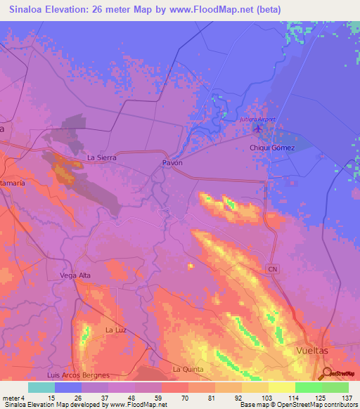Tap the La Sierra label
point(101,158)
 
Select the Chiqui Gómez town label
point(272,148)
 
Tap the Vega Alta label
point(77,275)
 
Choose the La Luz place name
point(115,329)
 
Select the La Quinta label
point(186,368)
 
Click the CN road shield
point(274,269)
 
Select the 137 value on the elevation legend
point(346,396)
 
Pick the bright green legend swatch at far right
point(335,387)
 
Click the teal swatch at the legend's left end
point(41,387)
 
